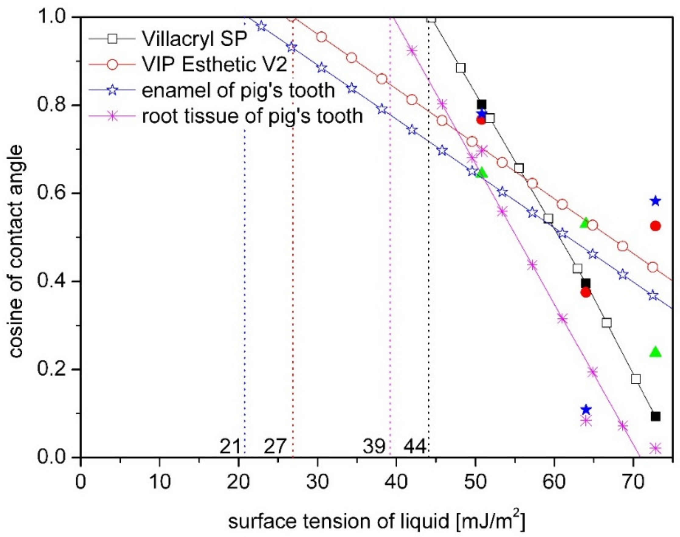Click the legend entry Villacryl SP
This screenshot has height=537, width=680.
pos(194,39)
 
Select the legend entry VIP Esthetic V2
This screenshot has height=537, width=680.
pos(214,65)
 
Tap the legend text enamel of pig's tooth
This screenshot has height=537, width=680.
pos(238,90)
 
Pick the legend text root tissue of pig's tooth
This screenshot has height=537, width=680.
pos(252,116)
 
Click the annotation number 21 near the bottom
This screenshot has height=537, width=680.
pos(230,447)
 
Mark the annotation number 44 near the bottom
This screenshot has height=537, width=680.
pos(415,447)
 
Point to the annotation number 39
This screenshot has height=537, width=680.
pos(374,447)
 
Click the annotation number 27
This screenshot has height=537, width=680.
pos(275,447)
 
